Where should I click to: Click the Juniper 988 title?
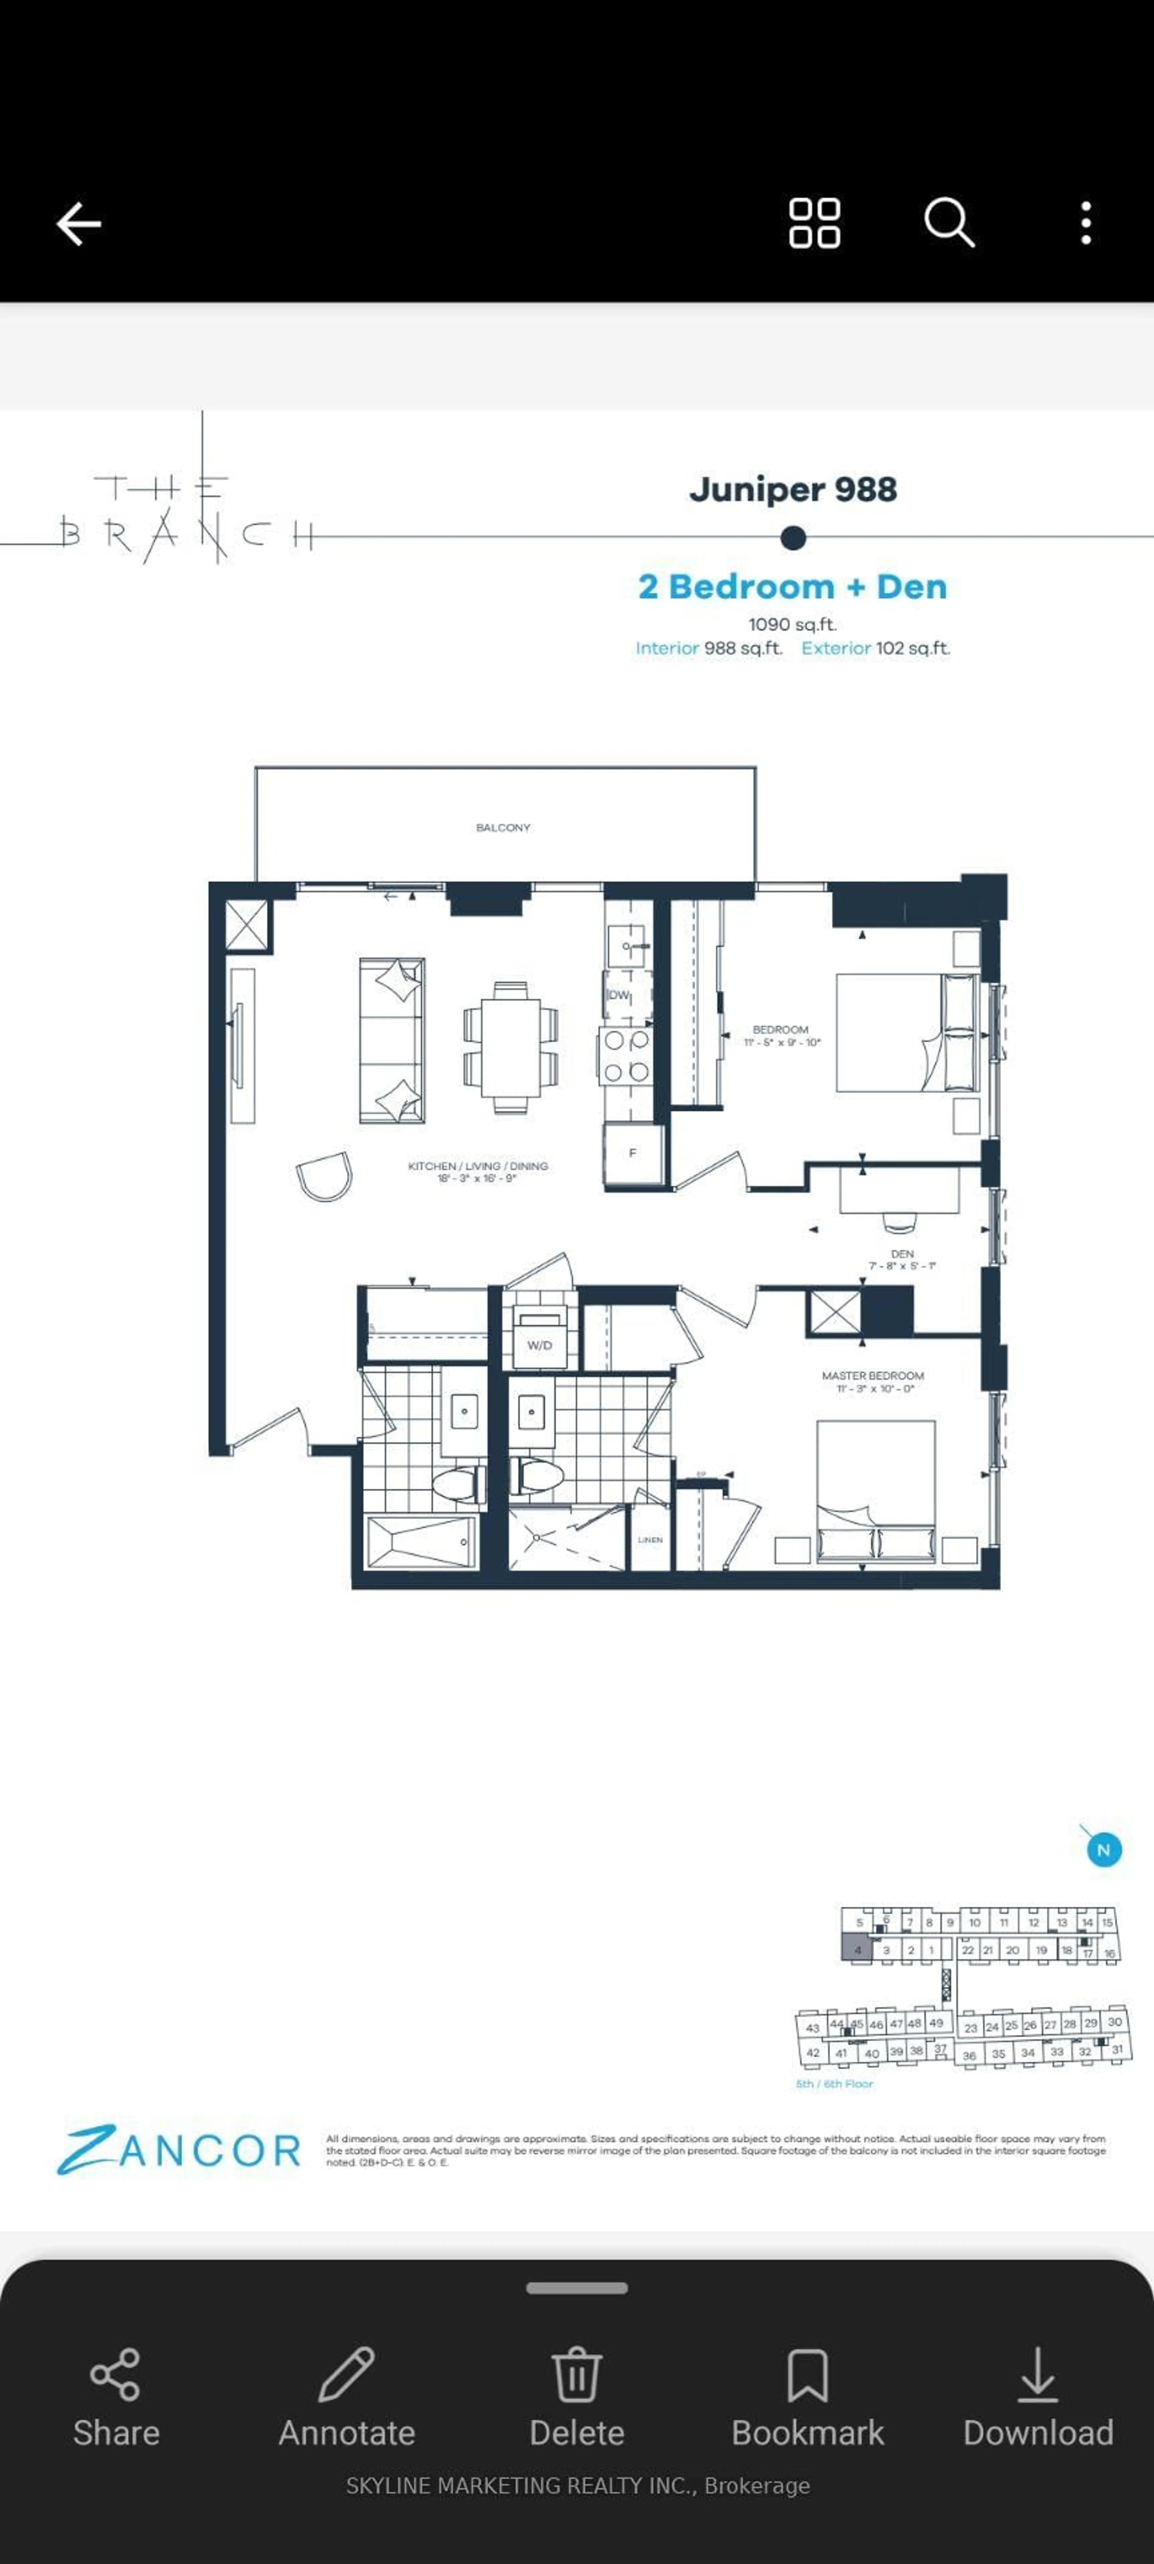[792, 490]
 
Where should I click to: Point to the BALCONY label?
[503, 827]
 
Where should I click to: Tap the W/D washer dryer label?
[539, 1345]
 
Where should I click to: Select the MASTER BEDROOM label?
[872, 1376]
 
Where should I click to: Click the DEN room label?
[902, 1254]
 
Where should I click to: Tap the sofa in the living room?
[392, 1040]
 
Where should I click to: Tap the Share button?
[115, 2397]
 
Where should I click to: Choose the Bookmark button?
[807, 2397]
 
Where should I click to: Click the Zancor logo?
[179, 2150]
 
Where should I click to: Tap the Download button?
[1037, 2397]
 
